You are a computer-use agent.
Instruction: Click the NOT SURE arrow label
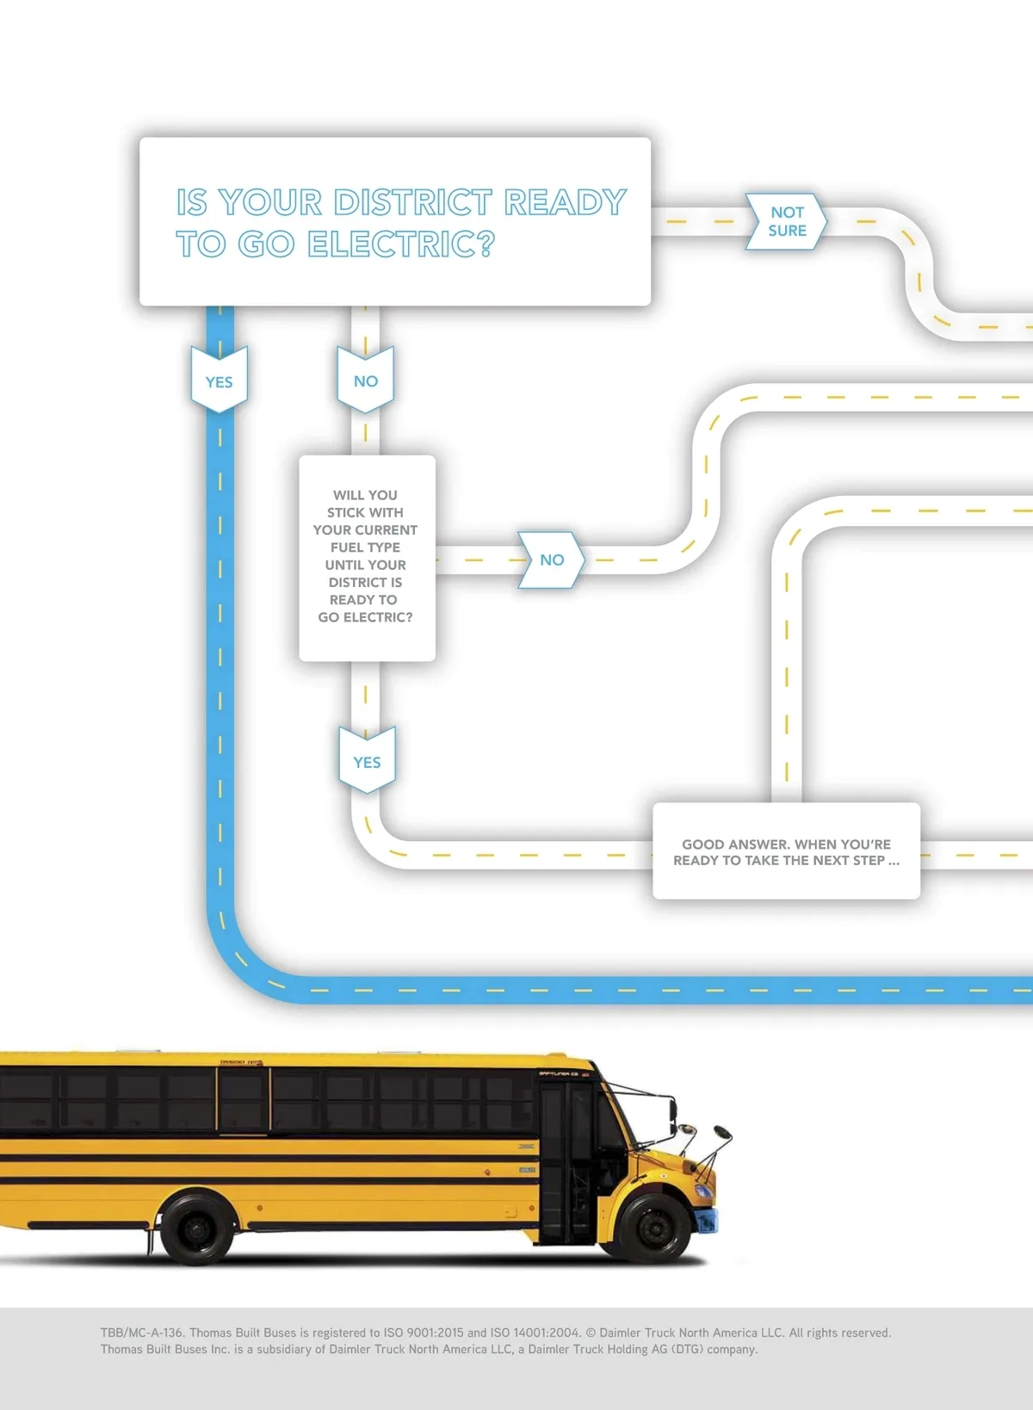787,221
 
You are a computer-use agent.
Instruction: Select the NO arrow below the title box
365,380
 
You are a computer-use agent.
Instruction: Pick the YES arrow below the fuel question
367,762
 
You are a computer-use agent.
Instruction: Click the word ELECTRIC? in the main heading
401,244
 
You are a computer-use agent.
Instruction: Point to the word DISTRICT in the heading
413,203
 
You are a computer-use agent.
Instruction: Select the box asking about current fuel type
367,558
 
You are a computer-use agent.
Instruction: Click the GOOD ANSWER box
786,851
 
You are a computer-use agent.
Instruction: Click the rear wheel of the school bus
197,1227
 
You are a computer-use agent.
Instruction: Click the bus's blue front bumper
708,1220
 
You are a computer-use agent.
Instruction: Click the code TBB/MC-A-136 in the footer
142,1333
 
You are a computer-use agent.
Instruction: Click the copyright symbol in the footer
591,1333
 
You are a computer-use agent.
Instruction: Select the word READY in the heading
565,203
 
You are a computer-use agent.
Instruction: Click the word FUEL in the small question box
347,547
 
